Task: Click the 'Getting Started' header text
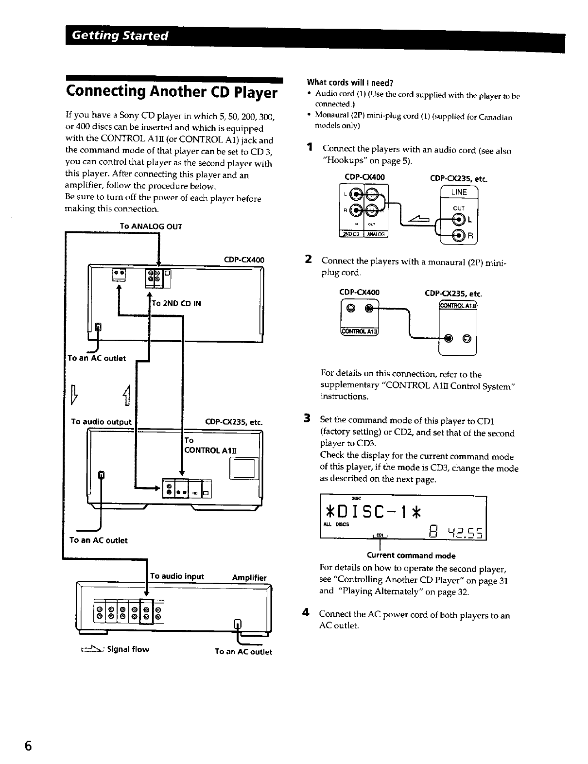tap(120, 36)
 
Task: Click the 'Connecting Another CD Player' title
tap(172, 92)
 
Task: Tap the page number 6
tap(29, 746)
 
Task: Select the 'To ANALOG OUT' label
tap(151, 226)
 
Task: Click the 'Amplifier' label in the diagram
tap(249, 577)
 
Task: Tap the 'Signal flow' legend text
tap(128, 649)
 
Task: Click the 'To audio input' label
tap(177, 576)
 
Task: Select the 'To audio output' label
tap(101, 422)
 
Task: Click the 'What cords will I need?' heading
tap(349, 82)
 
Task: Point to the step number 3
tap(307, 418)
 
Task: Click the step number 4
tap(307, 613)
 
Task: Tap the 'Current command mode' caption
tap(411, 556)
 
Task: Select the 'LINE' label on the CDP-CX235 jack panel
tap(459, 192)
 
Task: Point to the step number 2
tap(308, 260)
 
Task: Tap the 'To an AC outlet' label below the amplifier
tap(243, 652)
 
